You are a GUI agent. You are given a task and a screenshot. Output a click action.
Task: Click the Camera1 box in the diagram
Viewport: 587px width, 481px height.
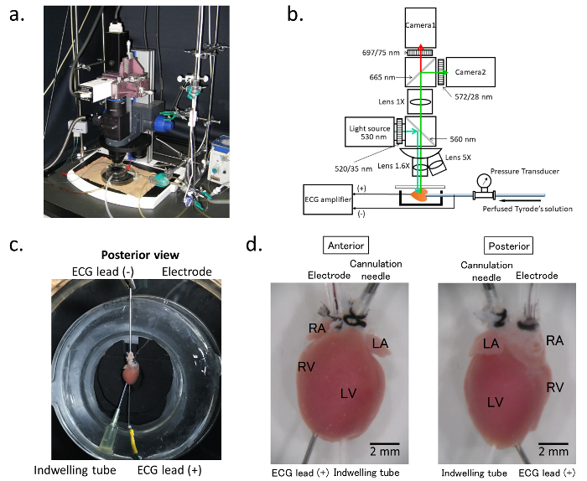[420, 28]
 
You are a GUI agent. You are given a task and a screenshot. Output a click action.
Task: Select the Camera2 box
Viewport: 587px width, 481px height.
[470, 72]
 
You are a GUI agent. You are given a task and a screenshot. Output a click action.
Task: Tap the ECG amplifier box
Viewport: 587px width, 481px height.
[328, 199]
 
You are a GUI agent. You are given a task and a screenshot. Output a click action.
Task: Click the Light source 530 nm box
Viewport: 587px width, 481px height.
[370, 132]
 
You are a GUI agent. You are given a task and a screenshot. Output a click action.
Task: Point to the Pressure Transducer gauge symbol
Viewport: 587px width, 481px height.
[485, 181]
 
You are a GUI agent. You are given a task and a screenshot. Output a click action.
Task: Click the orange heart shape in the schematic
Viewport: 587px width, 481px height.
[420, 195]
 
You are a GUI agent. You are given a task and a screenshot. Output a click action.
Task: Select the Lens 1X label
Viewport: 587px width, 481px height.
[392, 101]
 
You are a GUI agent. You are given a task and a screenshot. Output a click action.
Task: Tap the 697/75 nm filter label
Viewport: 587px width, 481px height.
[381, 53]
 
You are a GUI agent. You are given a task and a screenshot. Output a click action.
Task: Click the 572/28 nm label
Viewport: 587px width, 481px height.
[474, 97]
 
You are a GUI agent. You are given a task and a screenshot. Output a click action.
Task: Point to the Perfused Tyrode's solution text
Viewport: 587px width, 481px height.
[527, 209]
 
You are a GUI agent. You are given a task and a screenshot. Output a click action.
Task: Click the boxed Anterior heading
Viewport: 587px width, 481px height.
[345, 246]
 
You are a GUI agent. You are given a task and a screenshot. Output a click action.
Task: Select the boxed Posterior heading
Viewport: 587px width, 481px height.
[509, 246]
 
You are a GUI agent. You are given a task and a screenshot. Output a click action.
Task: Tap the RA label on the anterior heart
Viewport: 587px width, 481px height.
[317, 328]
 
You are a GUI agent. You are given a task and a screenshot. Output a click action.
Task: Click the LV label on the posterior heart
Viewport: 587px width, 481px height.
[495, 402]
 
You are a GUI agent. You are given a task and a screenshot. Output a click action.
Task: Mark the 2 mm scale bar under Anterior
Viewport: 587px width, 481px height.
[385, 444]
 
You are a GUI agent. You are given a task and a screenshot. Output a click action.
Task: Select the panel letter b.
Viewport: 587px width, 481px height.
[295, 15]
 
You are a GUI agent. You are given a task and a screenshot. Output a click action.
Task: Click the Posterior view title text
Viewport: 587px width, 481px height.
[140, 255]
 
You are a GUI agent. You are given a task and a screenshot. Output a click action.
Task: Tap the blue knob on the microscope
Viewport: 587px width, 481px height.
[160, 123]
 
